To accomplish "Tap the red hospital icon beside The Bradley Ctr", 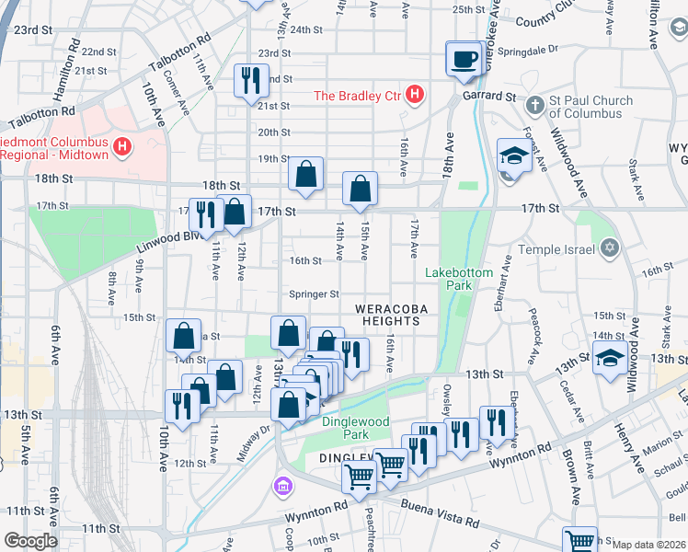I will (x=416, y=95).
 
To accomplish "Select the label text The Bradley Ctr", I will (x=359, y=96).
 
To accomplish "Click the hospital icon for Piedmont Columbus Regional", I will (x=121, y=146).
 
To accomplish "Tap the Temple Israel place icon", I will (x=608, y=247).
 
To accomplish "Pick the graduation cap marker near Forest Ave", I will (x=511, y=156).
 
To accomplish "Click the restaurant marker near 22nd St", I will (x=249, y=81).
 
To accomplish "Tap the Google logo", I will (x=30, y=541).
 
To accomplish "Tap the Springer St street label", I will (x=315, y=294).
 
